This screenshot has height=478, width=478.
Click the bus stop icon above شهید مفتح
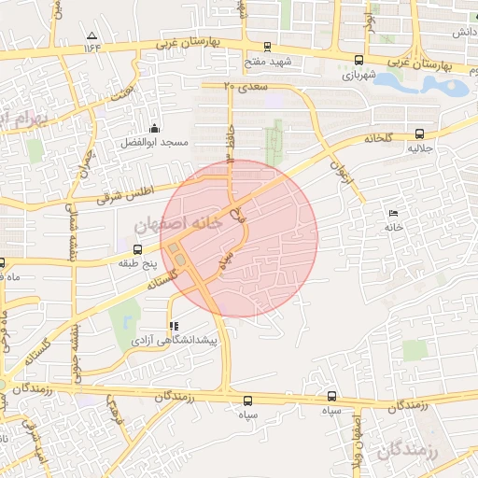tap(269, 47)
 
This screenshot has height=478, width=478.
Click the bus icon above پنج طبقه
tap(138, 249)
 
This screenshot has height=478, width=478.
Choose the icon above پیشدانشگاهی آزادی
tap(173, 327)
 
